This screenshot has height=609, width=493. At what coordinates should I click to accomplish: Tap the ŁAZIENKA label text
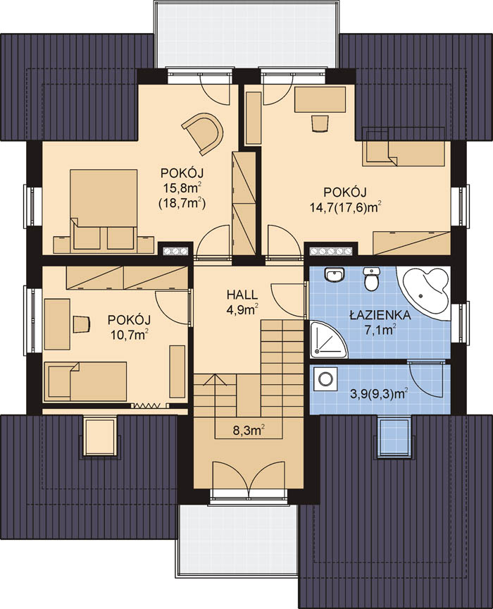[380, 315]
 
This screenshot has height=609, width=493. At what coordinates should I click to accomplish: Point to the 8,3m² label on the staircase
[249, 431]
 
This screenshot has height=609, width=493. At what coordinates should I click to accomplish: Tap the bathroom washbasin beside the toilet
[335, 276]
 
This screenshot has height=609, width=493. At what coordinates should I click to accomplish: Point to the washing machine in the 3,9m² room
[325, 379]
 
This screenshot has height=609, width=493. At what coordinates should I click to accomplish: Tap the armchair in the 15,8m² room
[204, 132]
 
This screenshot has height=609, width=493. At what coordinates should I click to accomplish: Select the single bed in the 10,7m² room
[85, 381]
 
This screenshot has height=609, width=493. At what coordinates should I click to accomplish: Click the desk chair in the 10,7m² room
[82, 324]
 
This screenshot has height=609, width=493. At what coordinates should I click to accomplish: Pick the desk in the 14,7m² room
[320, 100]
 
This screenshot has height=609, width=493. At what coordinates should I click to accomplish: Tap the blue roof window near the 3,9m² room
[394, 436]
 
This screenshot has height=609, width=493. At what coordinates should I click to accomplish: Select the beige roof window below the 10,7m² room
[101, 436]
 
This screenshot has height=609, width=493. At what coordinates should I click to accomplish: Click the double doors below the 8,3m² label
[249, 479]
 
